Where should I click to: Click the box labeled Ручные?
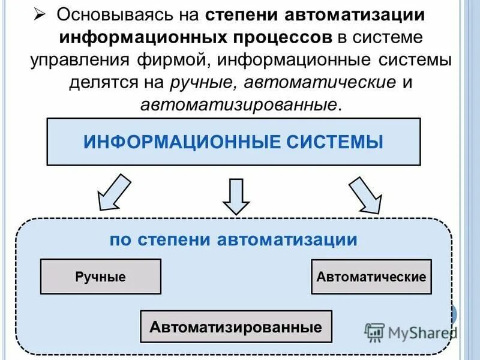click(x=100, y=277)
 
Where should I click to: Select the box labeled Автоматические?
click(x=371, y=277)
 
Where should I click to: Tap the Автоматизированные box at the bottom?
click(x=236, y=328)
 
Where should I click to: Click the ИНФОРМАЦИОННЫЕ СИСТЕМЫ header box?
click(x=233, y=142)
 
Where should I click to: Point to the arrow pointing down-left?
click(x=115, y=191)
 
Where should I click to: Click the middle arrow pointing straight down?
click(x=236, y=196)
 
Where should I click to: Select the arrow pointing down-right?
click(x=365, y=196)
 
